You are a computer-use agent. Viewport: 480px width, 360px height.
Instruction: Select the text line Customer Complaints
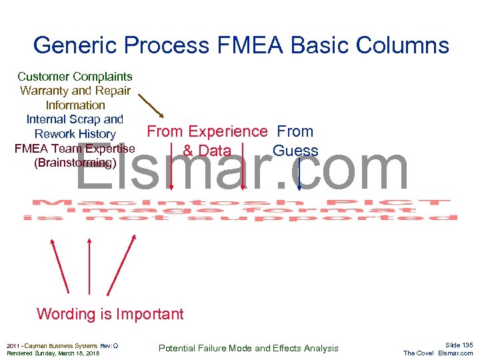(x=75, y=77)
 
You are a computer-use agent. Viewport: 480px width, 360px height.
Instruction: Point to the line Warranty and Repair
(x=75, y=91)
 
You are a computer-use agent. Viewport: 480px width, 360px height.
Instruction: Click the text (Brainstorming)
(x=75, y=163)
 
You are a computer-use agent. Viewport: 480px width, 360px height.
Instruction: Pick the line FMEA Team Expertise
(x=75, y=148)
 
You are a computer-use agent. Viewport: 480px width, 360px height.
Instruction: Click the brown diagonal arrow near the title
(x=151, y=105)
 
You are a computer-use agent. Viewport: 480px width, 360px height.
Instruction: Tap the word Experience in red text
(x=227, y=131)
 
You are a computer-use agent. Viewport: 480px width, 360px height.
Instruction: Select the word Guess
(x=295, y=151)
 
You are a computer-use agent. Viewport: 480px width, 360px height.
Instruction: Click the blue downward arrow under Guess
(x=299, y=172)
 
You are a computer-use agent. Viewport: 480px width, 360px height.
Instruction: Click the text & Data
(x=207, y=151)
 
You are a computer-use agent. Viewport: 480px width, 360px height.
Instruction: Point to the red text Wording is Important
(x=110, y=314)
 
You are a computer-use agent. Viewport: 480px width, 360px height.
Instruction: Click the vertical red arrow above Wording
(x=89, y=267)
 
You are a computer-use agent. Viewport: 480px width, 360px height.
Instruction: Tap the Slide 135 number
(x=459, y=345)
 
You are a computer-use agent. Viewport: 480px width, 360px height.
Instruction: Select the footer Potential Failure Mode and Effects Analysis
(x=248, y=348)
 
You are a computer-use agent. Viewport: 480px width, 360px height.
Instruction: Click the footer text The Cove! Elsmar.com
(x=438, y=353)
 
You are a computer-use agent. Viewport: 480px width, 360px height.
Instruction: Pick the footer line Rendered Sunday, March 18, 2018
(x=52, y=353)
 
